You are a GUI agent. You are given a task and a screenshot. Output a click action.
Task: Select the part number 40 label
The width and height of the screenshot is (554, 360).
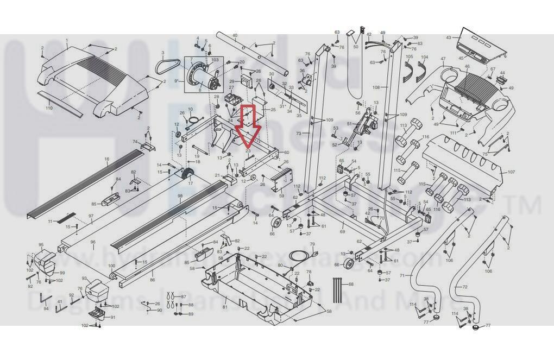235,36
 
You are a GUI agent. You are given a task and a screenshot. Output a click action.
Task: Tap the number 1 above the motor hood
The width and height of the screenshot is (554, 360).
67,40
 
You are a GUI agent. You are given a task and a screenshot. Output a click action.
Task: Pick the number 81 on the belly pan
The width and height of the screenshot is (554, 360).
224,307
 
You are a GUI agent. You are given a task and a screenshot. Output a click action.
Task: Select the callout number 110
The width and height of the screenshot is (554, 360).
49,108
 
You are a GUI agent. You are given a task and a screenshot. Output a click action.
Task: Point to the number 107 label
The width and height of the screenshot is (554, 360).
511,172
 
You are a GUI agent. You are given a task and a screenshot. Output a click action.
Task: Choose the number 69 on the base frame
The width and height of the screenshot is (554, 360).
342,232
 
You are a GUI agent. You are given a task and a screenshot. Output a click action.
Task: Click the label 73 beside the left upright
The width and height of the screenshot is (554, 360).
298,134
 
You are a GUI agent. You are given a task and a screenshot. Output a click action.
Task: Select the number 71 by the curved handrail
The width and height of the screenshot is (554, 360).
402,276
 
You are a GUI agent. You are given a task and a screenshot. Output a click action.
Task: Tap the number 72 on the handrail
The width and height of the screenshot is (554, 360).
464,286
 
